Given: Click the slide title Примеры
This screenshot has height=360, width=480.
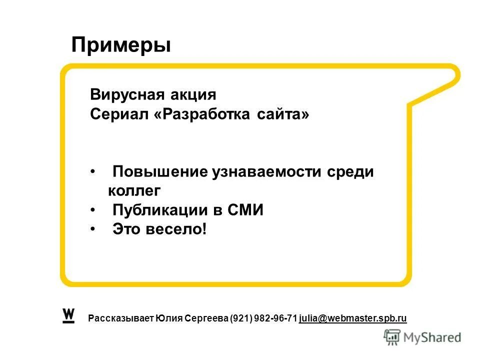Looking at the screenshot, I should coord(121,45).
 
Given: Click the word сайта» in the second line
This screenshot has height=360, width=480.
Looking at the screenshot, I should coord(283,114).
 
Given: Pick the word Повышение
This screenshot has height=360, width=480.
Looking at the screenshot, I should coord(160,172).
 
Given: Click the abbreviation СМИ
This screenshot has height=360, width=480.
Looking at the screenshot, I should coord(245,210).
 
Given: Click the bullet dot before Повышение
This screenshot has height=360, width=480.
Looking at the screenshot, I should coord(93,172).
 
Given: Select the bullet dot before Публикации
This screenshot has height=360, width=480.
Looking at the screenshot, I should coord(93,210).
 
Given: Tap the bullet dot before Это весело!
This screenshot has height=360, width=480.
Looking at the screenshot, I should coord(93,229).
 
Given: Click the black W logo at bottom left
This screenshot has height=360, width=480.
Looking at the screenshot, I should coord(68,315).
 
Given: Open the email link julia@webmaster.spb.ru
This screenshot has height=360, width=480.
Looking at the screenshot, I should coord(353,318).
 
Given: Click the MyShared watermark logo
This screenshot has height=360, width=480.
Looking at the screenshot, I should coord(422,337).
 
